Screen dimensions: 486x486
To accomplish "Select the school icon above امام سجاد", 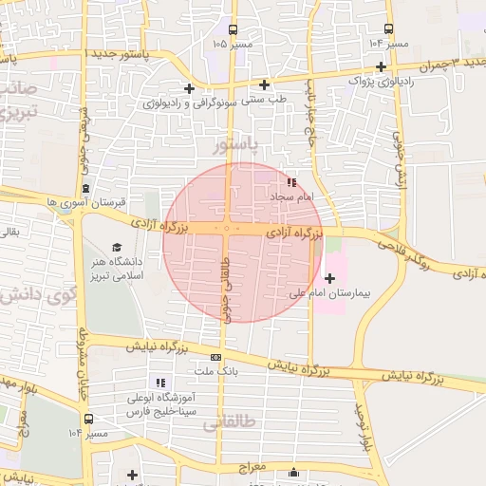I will click(291, 181).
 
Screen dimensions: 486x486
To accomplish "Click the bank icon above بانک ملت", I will click(216, 357).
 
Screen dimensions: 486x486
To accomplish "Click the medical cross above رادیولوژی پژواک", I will click(381, 66).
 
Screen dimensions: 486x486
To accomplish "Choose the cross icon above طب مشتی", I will click(265, 84).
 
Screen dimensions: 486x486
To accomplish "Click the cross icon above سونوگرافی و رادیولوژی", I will click(190, 88).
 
